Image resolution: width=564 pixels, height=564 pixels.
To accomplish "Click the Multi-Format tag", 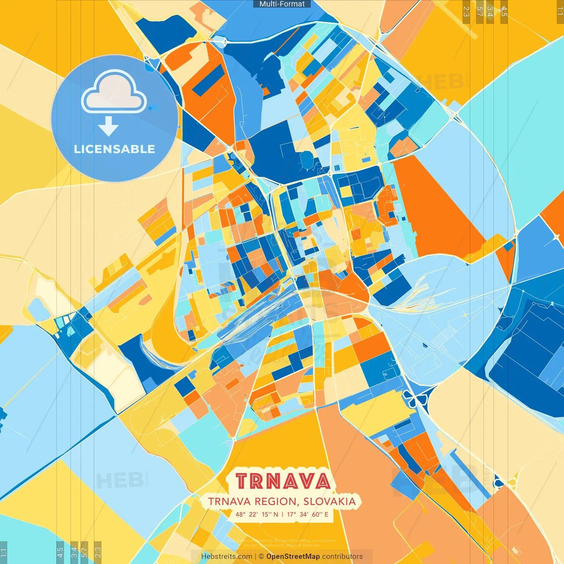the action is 282,4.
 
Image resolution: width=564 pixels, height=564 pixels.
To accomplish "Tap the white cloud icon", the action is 114,92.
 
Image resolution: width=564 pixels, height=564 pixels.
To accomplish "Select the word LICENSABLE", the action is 115,149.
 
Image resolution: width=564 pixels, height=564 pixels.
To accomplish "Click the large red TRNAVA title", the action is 282,481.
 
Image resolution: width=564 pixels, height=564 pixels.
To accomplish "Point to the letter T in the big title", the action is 242,481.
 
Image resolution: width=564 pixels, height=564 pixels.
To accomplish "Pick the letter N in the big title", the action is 274,481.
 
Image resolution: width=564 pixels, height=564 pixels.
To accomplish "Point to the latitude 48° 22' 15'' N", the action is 257,514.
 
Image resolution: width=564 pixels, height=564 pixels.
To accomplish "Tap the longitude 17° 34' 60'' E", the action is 308,514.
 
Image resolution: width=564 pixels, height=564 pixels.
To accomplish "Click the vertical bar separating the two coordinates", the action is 282,514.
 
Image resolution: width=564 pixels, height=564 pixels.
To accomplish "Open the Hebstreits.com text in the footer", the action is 226,557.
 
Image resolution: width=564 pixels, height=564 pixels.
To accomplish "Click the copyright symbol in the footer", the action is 261,557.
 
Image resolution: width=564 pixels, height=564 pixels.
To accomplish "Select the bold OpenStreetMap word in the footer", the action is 293,557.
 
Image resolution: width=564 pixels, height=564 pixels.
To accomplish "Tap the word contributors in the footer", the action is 342,557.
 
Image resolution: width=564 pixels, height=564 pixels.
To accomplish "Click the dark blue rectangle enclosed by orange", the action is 208,81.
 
